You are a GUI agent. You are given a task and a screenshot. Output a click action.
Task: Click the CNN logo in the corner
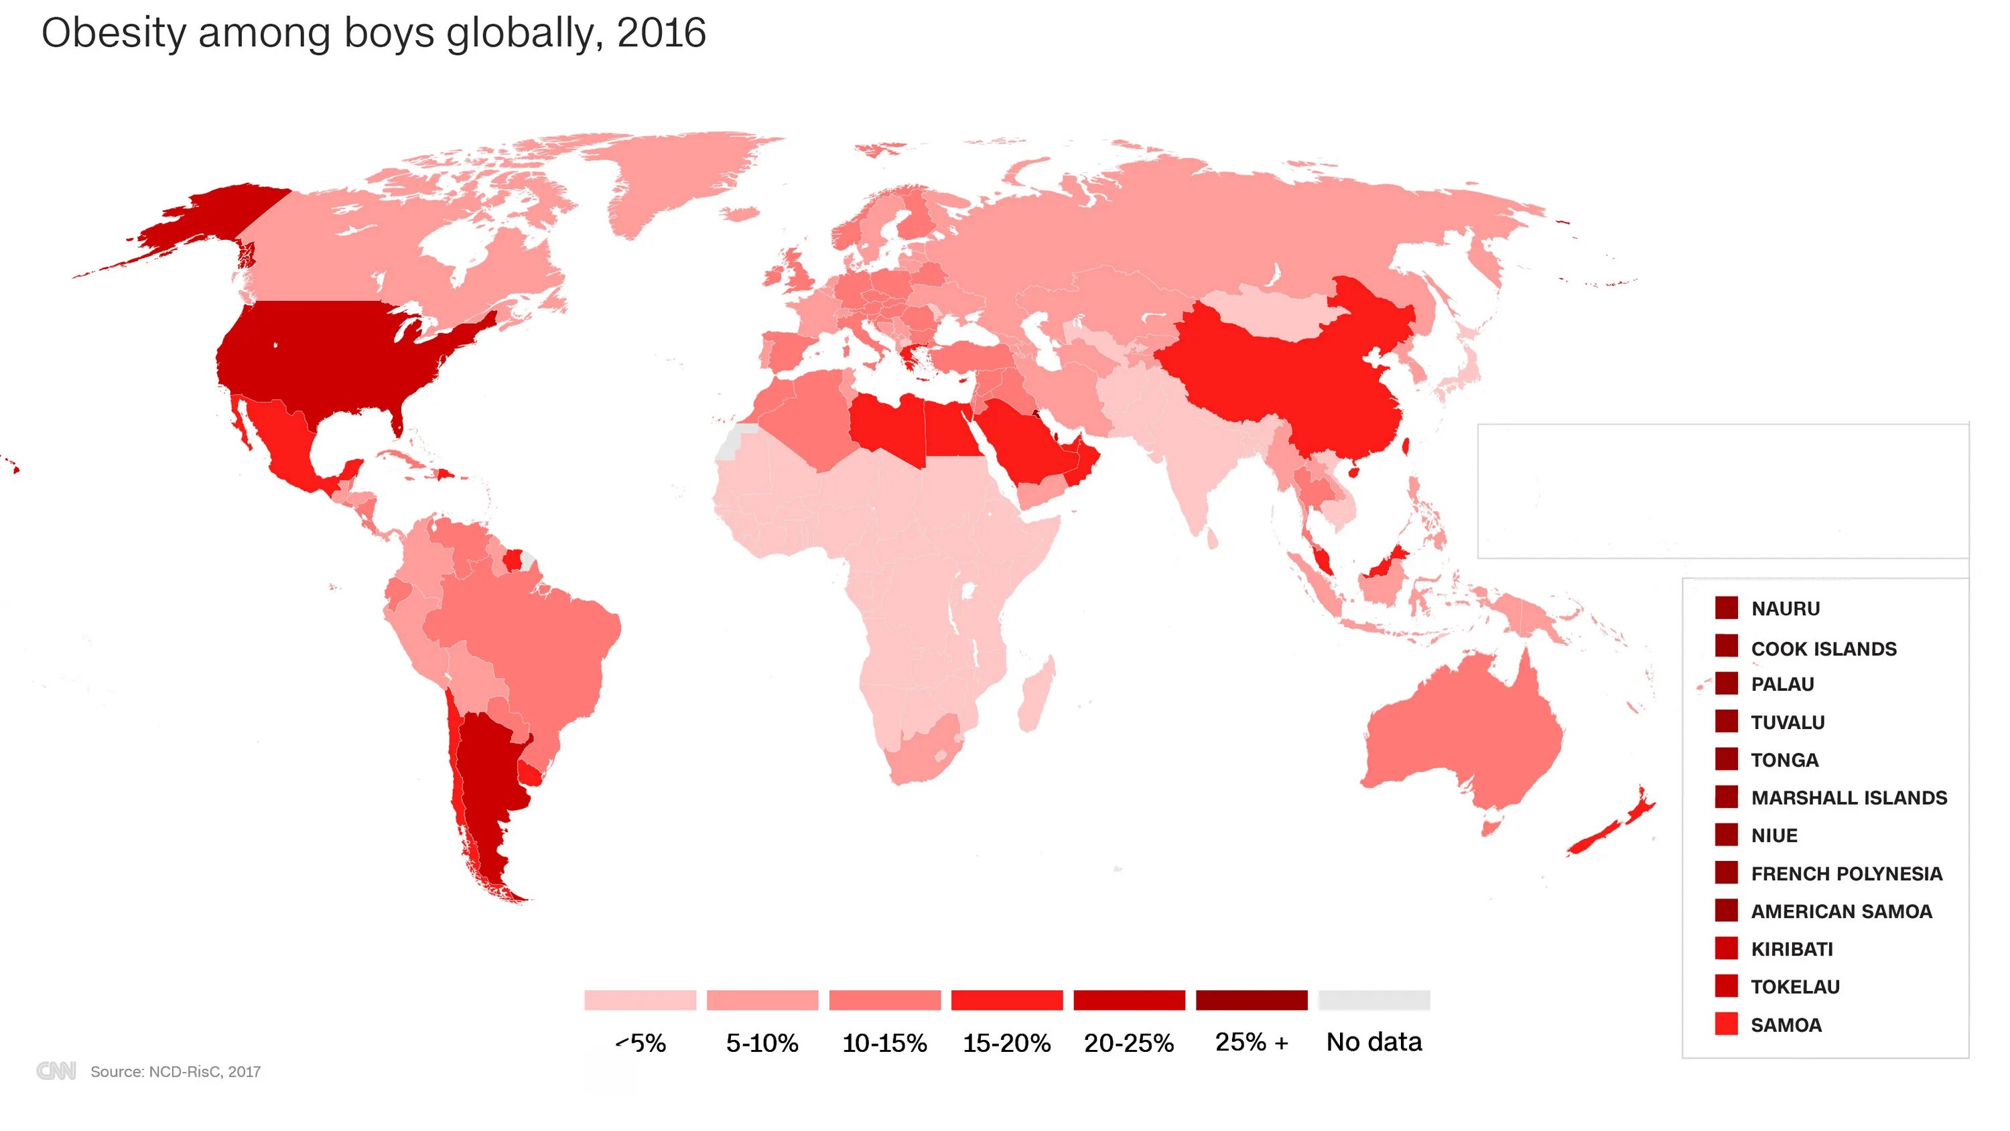coord(56,1071)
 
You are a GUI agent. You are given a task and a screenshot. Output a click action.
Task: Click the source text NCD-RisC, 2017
coord(176,1071)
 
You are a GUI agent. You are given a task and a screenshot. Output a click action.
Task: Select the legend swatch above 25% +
coord(1251,1000)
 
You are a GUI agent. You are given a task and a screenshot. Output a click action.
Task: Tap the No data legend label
coord(1373,1042)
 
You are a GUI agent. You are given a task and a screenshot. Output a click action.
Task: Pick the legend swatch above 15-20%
coord(1006,1000)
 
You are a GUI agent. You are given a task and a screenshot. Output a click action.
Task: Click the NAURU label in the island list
coord(1786,609)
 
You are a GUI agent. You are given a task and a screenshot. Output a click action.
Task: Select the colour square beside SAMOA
coord(1726,1024)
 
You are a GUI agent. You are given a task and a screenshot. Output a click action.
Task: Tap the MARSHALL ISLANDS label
coord(1849,798)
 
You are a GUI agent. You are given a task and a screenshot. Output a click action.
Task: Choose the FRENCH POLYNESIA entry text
coord(1846,874)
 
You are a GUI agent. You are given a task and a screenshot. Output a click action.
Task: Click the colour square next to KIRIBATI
coord(1726,948)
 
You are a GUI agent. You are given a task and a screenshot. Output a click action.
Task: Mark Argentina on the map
coord(488,789)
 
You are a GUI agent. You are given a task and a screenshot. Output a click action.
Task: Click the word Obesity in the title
coord(114,33)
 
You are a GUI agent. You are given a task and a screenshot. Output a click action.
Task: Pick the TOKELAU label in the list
coord(1795,986)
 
